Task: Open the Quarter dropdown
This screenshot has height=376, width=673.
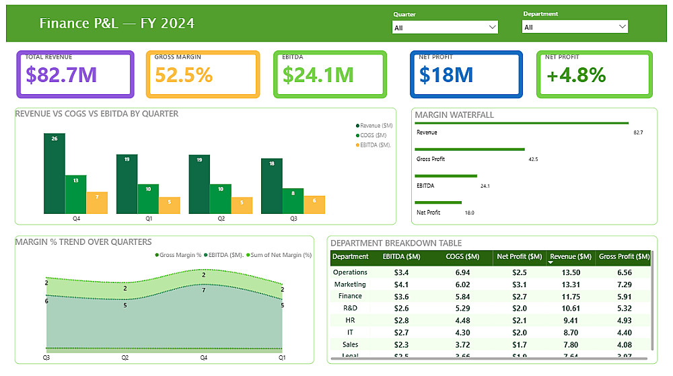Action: (x=445, y=28)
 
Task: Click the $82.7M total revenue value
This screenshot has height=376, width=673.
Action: (x=61, y=75)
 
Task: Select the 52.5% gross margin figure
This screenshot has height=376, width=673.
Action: (x=184, y=75)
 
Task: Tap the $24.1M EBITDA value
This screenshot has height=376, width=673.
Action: (x=318, y=75)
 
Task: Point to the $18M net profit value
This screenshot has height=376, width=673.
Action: (x=446, y=75)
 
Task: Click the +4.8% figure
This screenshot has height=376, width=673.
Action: (x=576, y=75)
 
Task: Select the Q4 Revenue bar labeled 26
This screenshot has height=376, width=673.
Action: (x=55, y=174)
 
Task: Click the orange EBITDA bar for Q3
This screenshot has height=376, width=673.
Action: (x=314, y=204)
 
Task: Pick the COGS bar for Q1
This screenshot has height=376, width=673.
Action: (x=148, y=198)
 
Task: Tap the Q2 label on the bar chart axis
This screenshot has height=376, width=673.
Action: (x=221, y=219)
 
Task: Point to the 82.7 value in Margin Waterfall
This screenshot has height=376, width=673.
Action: (x=638, y=133)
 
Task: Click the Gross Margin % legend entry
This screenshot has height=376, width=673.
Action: (x=178, y=255)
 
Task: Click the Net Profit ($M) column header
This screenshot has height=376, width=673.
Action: (x=519, y=256)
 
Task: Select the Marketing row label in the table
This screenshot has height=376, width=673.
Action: (x=350, y=285)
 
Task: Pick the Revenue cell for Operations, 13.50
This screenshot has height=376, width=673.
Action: (x=571, y=272)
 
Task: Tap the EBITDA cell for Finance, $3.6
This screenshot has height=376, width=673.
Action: (x=400, y=296)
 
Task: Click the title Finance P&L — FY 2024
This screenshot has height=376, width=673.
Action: (x=117, y=24)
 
